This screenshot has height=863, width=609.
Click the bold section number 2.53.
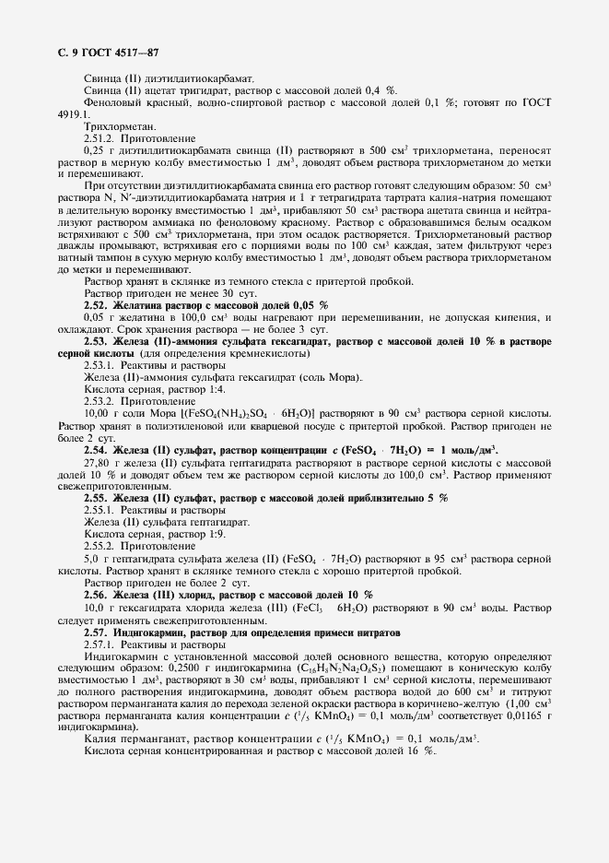point(97,341)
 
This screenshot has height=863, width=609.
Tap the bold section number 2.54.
point(97,450)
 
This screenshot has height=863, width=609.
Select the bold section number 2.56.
point(97,595)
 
